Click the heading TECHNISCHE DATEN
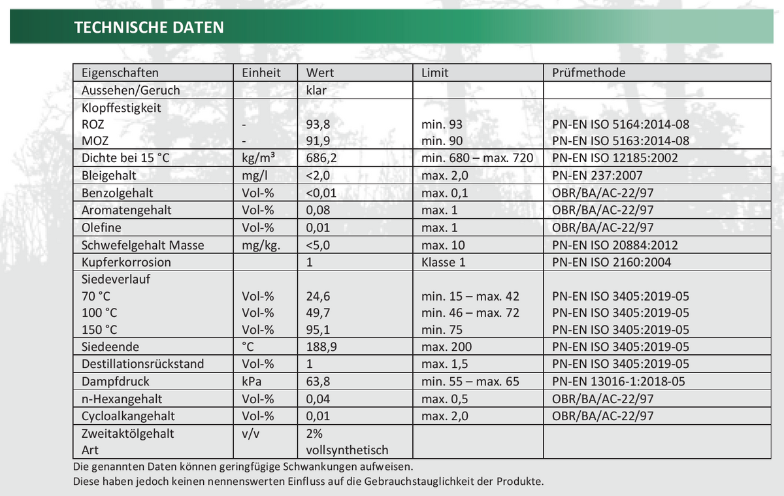click(149, 27)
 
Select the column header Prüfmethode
click(589, 73)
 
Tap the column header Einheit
click(261, 73)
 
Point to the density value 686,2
click(323, 157)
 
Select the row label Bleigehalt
click(109, 175)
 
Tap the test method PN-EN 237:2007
click(597, 175)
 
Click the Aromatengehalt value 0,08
click(318, 210)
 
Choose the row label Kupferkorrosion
click(126, 262)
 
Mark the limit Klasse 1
click(444, 262)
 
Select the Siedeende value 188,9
click(322, 346)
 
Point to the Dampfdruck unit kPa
click(252, 380)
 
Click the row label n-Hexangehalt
click(122, 399)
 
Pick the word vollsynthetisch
click(347, 450)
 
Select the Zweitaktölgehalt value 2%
click(314, 433)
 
